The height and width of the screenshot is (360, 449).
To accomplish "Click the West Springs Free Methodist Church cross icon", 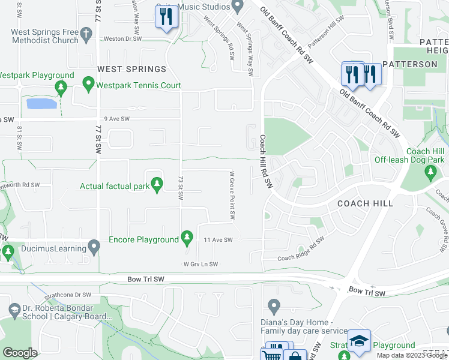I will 86,34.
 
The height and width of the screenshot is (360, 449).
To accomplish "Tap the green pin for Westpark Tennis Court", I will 88,83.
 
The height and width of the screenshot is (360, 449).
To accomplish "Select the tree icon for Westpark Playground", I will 61,88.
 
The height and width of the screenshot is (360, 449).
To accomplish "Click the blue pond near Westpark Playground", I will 42,104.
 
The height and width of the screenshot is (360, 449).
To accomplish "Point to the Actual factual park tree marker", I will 157,184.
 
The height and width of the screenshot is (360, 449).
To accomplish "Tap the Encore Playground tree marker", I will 187,238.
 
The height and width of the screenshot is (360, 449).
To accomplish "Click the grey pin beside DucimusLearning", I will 94,246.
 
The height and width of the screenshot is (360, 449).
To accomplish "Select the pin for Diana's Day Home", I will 274,307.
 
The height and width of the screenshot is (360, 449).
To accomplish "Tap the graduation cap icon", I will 359,340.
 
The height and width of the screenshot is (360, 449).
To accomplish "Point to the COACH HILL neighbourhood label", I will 365,203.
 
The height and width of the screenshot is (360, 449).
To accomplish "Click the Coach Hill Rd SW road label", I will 265,161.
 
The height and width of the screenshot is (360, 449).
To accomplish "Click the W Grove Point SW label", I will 231,194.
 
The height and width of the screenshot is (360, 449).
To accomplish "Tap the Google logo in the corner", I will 20,353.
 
